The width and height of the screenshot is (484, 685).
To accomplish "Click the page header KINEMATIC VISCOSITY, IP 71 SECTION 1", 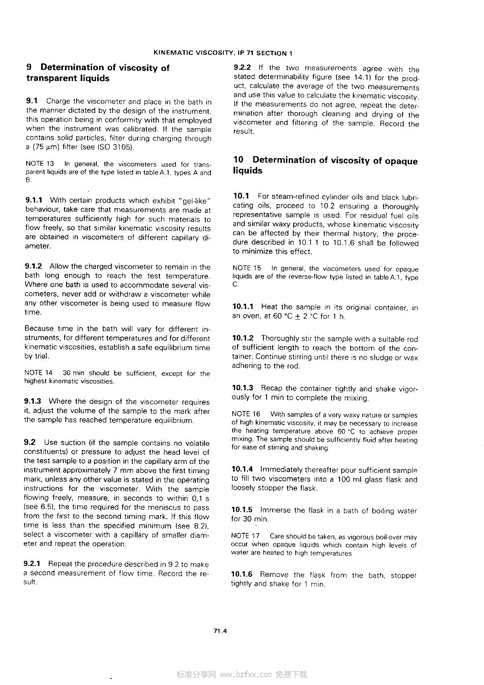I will [223, 53].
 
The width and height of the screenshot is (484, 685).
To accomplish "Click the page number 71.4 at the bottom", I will [221, 631].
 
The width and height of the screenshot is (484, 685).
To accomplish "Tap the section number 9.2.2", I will [242, 68].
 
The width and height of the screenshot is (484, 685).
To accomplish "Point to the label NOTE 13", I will [39, 164].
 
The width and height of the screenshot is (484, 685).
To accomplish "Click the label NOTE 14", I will [38, 373].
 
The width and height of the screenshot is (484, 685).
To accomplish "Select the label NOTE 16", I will [246, 414].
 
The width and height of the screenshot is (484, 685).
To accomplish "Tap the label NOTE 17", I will [245, 536].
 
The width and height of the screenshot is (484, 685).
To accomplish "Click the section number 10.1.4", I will [242, 469].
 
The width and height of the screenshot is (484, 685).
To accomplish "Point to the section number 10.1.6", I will [242, 574].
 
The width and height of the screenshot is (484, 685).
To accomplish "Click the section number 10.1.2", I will [243, 338].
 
